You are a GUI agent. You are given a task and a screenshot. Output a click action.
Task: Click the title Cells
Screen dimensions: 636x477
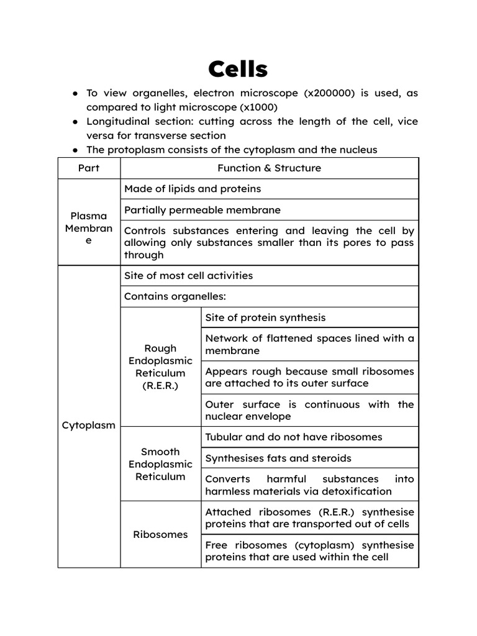pos(238,69)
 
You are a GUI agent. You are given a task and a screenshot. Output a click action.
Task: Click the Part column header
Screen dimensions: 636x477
pos(89,168)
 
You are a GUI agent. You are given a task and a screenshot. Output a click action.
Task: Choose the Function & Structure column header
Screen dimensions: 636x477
pos(269,168)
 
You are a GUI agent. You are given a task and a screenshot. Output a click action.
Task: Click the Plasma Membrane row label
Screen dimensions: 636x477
pos(89,228)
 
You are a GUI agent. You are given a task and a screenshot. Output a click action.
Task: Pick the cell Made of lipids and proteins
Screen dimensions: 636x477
pos(193,189)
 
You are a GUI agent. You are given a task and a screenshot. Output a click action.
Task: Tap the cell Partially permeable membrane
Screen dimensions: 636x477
pos(202,210)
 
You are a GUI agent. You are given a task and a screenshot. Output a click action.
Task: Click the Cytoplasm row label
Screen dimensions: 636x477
pos(89,425)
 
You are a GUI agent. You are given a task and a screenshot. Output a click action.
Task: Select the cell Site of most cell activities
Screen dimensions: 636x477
pos(189,275)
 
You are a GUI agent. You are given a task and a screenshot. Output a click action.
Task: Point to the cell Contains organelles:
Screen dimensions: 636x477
pos(175,296)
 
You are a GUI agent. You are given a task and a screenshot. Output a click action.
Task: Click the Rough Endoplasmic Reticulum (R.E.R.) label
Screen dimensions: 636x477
pos(160,367)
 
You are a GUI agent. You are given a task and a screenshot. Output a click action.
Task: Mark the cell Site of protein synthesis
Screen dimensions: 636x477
pos(265,317)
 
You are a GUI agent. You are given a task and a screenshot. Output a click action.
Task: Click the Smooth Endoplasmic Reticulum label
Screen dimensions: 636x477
pos(160,464)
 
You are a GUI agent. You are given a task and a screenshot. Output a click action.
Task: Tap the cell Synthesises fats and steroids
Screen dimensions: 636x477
pos(278,458)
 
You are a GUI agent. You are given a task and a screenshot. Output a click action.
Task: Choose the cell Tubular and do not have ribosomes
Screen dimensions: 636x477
pos(294,437)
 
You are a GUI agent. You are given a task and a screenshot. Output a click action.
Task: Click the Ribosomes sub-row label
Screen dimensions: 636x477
pos(160,534)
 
